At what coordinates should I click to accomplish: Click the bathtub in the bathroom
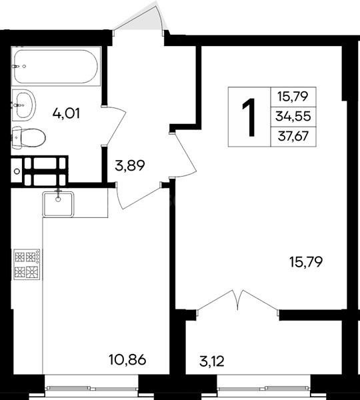55,66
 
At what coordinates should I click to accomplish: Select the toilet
29,138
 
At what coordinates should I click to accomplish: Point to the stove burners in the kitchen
27,264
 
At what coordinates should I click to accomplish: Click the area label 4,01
67,113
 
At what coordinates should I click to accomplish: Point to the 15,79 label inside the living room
306,262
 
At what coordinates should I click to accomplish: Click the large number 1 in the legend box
249,117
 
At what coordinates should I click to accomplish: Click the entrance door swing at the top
141,20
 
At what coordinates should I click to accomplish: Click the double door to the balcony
237,301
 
